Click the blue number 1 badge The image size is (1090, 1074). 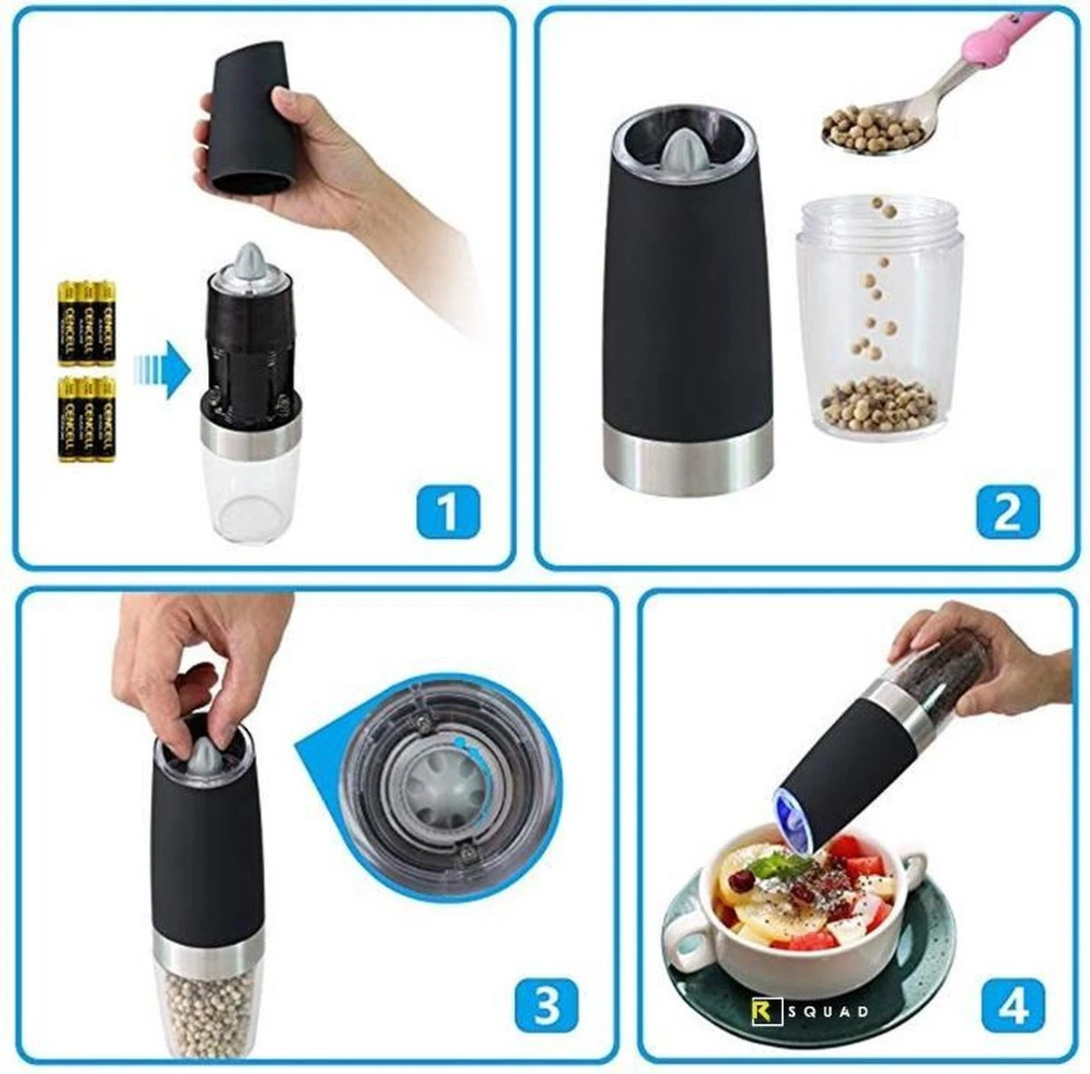point(448,511)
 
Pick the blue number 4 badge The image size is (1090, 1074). point(1014,1007)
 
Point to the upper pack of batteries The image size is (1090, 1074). point(87,322)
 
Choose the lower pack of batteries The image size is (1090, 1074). point(87,419)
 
